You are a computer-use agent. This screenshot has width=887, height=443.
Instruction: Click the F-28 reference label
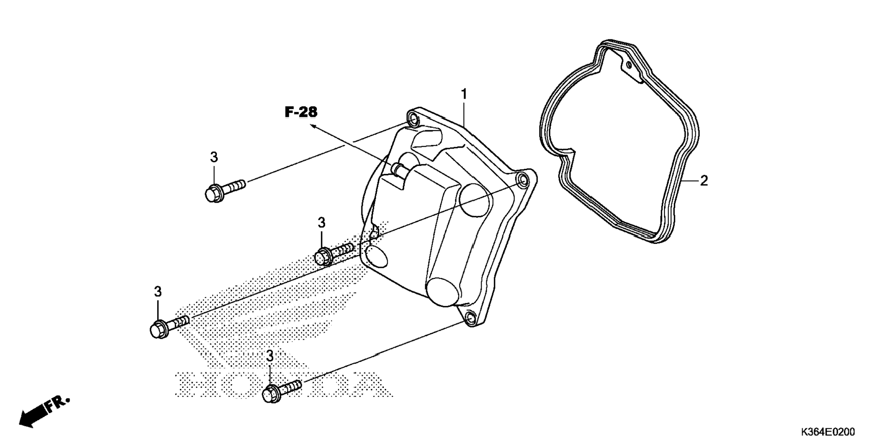click(301, 111)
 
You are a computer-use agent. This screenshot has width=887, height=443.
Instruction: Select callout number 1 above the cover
click(464, 94)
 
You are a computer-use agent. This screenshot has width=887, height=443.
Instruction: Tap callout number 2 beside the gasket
click(704, 181)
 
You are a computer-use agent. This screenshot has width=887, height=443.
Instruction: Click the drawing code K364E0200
click(828, 432)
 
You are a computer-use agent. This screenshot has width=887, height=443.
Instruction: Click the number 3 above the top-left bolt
click(214, 157)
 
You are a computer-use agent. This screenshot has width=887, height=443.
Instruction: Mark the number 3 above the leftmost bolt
click(158, 292)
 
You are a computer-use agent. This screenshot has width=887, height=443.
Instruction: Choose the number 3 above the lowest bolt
click(270, 356)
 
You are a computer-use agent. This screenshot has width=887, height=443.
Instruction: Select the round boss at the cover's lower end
click(443, 290)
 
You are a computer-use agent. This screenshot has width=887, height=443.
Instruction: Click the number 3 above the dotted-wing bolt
click(322, 223)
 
